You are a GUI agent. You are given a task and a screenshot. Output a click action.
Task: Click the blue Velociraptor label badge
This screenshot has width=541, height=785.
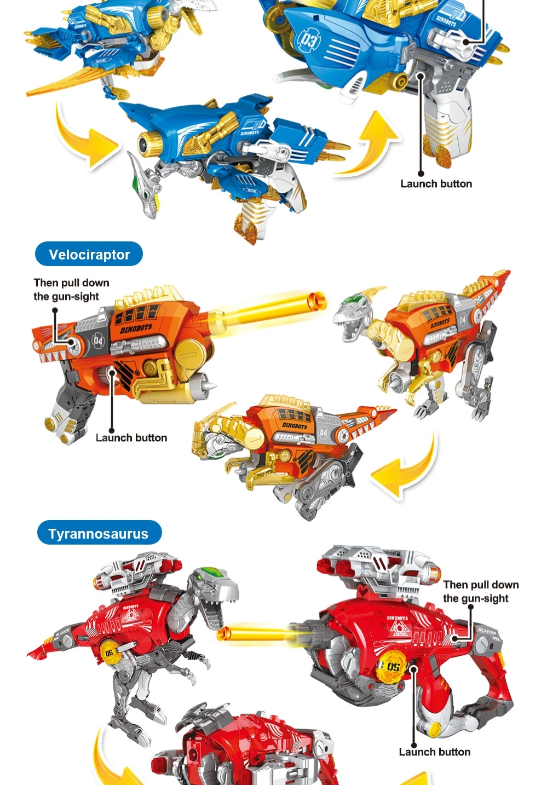[x=89, y=255]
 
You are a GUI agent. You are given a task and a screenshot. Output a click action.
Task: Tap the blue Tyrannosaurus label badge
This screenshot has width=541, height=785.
[x=99, y=534]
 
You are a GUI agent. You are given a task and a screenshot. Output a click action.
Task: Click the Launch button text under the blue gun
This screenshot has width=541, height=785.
[x=436, y=184]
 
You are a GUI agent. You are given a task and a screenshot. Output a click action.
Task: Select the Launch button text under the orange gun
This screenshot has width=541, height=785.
[x=131, y=438]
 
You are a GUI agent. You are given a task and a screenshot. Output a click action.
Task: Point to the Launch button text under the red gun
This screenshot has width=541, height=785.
[x=434, y=752]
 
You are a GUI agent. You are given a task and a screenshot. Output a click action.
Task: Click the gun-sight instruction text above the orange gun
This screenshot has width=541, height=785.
[x=71, y=290]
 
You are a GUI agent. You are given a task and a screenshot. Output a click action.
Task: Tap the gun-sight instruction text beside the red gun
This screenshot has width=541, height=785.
[x=480, y=592]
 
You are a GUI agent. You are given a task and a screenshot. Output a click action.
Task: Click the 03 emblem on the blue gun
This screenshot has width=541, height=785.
[x=308, y=40]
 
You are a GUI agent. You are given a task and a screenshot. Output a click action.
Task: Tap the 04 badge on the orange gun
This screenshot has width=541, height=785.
[x=97, y=341]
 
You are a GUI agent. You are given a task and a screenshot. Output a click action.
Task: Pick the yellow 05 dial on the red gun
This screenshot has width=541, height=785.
[x=393, y=666]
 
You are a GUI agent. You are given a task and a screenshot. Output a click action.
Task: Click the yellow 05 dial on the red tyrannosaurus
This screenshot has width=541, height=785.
[x=110, y=653]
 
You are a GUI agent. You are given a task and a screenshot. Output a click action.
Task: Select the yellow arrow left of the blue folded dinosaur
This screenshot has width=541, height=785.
[x=88, y=137]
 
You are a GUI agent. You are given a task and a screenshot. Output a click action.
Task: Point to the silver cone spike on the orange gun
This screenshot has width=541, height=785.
[x=209, y=387]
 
